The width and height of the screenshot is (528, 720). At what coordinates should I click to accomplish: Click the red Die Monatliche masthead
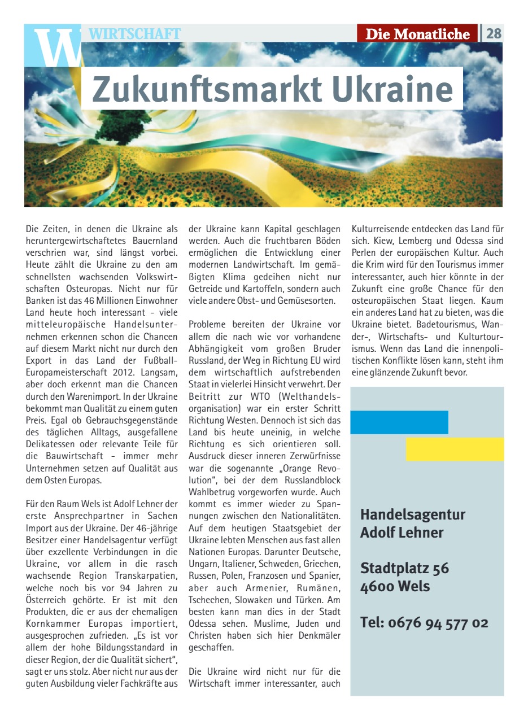click(x=417, y=34)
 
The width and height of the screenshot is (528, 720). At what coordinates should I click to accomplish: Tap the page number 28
click(x=494, y=34)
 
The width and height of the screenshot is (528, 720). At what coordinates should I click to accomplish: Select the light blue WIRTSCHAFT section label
click(x=135, y=34)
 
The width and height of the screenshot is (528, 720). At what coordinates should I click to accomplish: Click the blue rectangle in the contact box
click(x=399, y=422)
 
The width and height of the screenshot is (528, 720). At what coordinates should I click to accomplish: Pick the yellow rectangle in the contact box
click(x=455, y=449)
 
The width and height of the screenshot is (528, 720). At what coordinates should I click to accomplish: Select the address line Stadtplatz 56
click(x=404, y=568)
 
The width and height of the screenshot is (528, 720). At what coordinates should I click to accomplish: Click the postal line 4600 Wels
click(x=395, y=586)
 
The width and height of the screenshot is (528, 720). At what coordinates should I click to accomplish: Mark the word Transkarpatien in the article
click(x=149, y=575)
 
